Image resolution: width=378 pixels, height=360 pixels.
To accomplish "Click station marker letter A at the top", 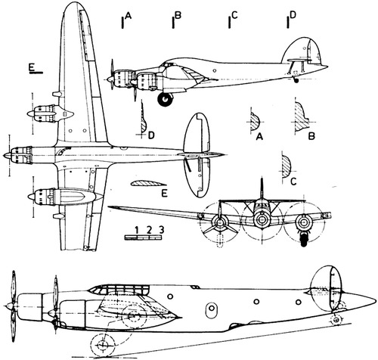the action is point(128,16).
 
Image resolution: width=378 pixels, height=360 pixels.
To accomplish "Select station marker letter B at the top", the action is point(178,15).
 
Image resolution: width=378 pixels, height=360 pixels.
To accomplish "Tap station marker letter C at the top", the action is point(234,16).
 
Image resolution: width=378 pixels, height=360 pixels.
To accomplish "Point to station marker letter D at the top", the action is point(293,15).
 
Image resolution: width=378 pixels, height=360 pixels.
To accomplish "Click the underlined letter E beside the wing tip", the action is point(32,67).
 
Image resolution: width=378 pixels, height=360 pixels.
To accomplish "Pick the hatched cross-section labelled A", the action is point(255,122).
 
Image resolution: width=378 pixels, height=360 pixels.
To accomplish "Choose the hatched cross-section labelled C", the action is point(287,166).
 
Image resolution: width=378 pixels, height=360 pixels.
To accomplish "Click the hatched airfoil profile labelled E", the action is point(147,184).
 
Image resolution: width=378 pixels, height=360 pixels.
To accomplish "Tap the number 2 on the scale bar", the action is point(149,230).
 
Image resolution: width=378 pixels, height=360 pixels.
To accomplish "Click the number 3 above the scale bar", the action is point(161,230).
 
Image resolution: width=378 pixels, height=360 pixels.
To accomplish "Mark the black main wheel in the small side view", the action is point(165,100).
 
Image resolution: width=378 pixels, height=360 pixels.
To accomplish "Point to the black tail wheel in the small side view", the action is point(296,80).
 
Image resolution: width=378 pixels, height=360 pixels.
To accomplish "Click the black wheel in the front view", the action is point(304,240).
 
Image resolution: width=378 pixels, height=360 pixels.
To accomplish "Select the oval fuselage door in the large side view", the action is point(211,310).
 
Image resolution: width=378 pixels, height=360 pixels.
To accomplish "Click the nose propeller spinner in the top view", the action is point(7,155).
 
